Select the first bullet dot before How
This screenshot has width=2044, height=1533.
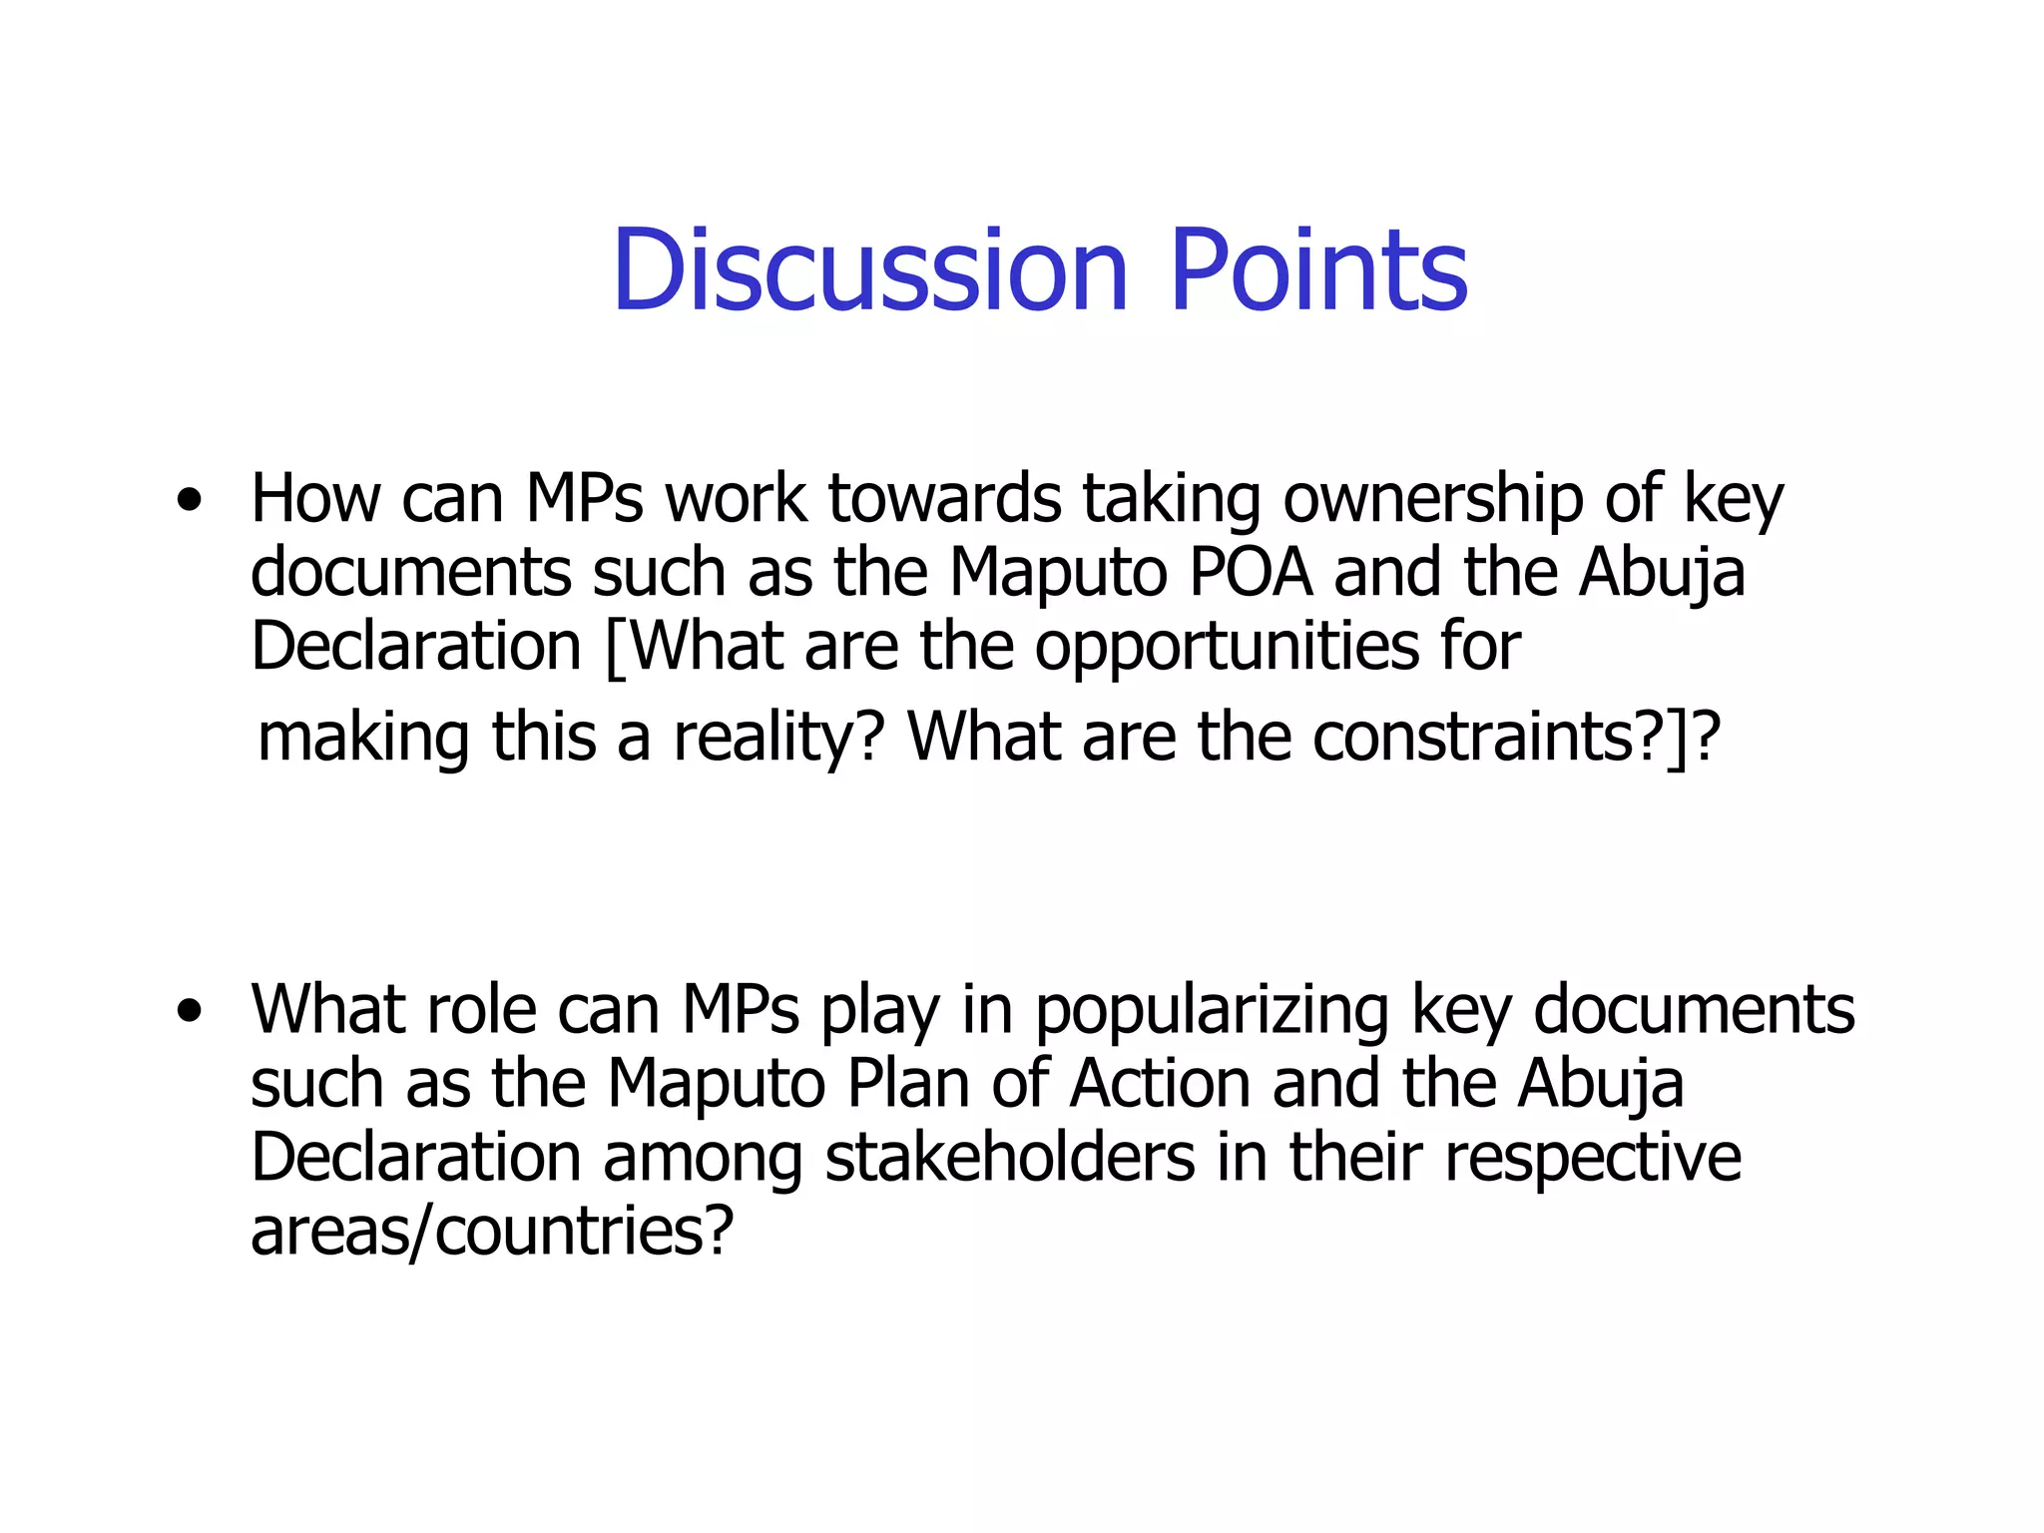(189, 502)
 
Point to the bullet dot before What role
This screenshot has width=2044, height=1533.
(189, 1013)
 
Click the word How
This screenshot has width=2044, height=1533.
(315, 498)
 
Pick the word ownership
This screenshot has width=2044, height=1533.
(1432, 498)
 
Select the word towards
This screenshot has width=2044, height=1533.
(944, 498)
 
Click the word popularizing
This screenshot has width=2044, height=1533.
(1211, 1011)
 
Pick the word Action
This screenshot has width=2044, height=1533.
(1160, 1084)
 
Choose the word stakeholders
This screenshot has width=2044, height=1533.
(1010, 1158)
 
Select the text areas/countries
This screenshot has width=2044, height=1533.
(492, 1232)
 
